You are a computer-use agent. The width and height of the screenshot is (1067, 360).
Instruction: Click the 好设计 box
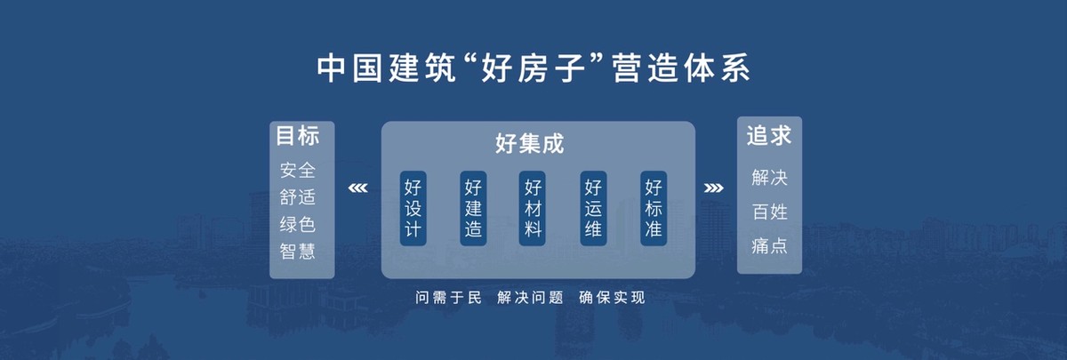[413, 208]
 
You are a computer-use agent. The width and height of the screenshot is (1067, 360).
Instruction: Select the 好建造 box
[473, 208]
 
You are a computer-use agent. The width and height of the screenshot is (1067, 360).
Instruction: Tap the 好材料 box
[533, 208]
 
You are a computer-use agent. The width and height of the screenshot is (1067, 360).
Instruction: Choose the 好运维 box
[593, 208]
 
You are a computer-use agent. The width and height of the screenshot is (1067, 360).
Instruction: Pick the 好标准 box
[654, 208]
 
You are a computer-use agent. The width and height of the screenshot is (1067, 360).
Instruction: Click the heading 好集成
[529, 143]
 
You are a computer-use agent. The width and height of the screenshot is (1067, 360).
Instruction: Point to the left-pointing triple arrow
[357, 188]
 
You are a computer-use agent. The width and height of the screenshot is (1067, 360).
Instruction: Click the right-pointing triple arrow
[713, 188]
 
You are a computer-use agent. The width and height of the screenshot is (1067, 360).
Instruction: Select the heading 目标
[298, 136]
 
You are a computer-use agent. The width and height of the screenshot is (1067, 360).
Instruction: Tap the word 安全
[298, 170]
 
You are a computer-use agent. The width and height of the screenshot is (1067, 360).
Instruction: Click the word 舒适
[298, 197]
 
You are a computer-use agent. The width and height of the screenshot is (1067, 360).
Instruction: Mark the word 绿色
[298, 224]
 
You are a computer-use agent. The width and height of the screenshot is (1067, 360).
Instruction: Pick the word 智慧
[298, 252]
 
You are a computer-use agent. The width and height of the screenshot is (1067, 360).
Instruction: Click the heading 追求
[769, 136]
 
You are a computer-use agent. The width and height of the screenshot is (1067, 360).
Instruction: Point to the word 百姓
[770, 212]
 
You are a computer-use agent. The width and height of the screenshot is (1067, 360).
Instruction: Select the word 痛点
[770, 245]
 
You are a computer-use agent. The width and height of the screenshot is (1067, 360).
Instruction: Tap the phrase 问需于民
[448, 298]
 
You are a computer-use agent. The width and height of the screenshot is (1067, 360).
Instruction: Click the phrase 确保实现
[612, 298]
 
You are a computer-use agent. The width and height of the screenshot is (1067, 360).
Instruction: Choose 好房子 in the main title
[534, 68]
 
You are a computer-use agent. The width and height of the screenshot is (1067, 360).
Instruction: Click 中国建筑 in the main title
[387, 68]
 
